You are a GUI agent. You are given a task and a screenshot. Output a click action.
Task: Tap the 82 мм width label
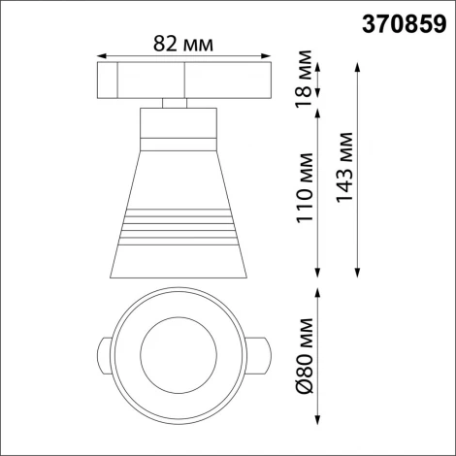click(184, 44)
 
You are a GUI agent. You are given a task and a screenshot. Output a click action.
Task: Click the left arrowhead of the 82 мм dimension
click(102, 56)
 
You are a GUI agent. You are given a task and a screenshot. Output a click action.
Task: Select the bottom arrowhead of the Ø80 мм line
click(321, 419)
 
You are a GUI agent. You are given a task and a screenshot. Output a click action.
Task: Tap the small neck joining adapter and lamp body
click(176, 102)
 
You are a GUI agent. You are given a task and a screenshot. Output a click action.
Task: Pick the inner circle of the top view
click(176, 349)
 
